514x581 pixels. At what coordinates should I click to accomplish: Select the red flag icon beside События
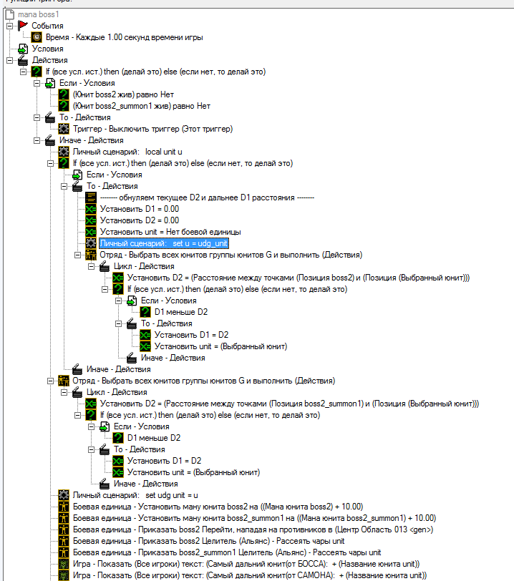[x=22, y=26]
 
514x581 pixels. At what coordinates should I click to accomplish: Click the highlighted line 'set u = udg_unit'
[x=164, y=243]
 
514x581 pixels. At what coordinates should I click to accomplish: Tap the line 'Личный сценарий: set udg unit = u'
[x=135, y=495]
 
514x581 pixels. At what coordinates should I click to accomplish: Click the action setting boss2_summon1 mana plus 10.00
[x=254, y=518]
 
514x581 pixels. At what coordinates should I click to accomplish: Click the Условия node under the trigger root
[x=47, y=49]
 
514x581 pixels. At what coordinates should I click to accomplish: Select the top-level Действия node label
[x=49, y=60]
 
